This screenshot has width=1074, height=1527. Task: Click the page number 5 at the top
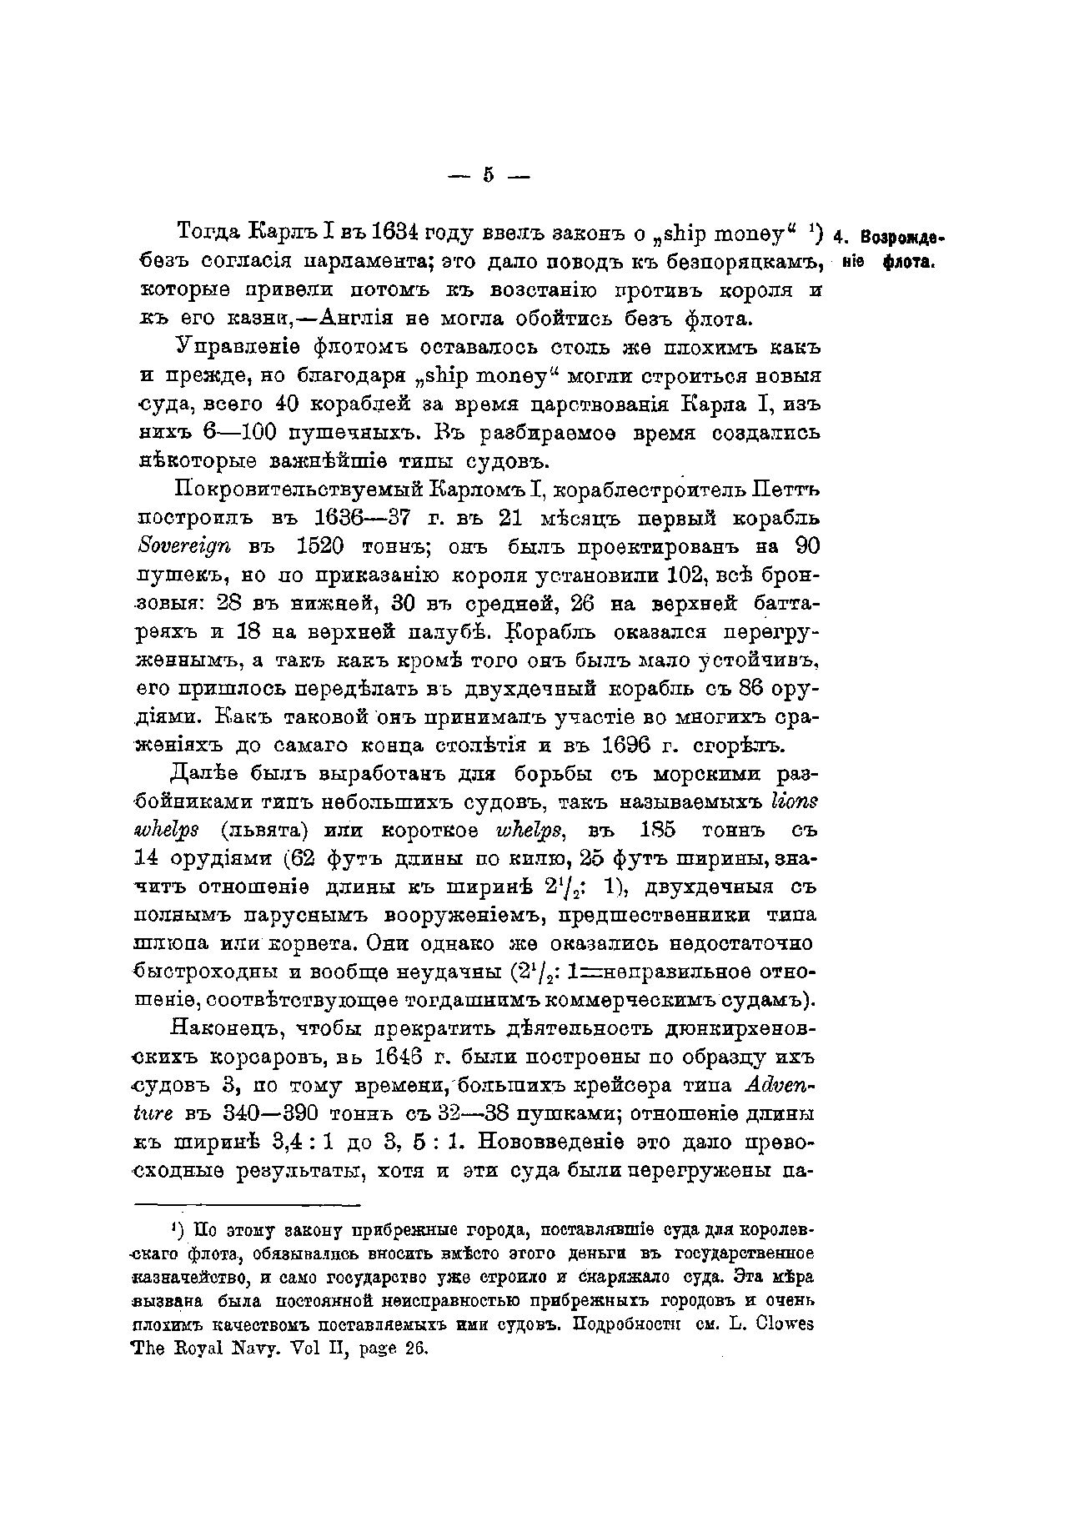[x=489, y=175]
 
